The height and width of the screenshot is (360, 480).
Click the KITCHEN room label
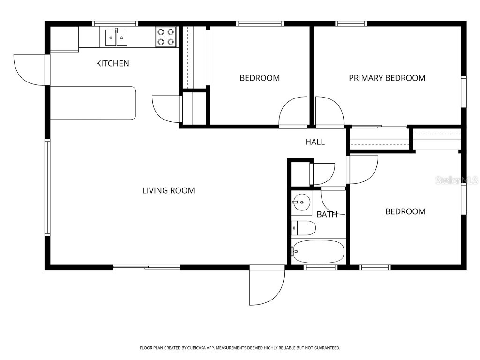[112, 63]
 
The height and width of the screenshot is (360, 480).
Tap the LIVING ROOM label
[168, 190]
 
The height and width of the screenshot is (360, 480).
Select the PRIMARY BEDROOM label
[387, 78]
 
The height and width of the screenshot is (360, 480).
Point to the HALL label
[315, 142]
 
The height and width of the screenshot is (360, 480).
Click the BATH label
[327, 214]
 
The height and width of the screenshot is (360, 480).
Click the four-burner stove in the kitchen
[166, 37]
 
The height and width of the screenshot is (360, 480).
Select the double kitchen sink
[116, 37]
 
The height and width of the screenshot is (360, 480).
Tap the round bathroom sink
[301, 203]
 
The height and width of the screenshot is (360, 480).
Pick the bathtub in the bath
[318, 252]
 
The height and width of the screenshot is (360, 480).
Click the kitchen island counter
[93, 103]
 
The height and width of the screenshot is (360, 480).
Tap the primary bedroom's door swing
[329, 112]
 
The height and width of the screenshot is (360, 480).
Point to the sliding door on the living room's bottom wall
[146, 267]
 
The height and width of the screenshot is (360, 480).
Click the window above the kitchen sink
[115, 23]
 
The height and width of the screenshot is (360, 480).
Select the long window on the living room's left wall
[47, 187]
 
